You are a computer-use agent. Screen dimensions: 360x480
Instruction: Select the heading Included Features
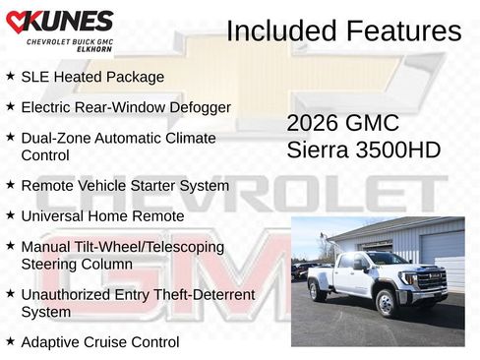click(x=343, y=30)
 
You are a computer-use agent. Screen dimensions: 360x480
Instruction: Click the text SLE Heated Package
click(x=92, y=77)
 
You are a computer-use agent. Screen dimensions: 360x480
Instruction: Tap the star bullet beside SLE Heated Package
click(x=10, y=76)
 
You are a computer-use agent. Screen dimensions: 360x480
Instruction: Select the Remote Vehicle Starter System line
click(x=125, y=186)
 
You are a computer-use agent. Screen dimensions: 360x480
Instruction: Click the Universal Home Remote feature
click(x=102, y=216)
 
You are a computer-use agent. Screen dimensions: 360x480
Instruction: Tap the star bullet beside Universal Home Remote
click(x=10, y=215)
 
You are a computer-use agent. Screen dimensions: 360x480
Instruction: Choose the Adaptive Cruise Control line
click(x=99, y=342)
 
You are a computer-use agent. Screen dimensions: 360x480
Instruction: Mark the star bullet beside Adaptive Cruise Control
click(x=10, y=341)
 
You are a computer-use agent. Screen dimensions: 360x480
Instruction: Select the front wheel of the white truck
click(x=387, y=301)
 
